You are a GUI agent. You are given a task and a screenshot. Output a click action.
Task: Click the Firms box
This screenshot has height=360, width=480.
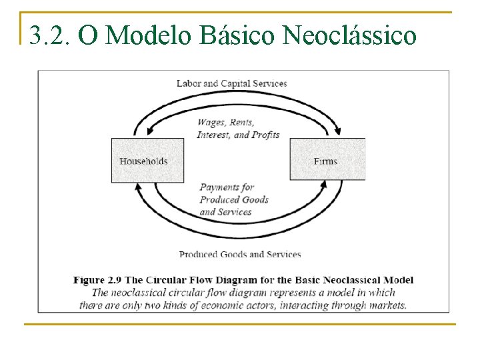pos(327,160)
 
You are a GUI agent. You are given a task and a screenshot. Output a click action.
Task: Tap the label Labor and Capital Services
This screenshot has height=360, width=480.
pos(231,83)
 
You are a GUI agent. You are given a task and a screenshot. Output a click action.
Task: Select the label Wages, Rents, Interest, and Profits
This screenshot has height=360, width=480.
pos(238,129)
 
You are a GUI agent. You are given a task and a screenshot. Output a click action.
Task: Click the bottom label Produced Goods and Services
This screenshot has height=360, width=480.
pos(240,254)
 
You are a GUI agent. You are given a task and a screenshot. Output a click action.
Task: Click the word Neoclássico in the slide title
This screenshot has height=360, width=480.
pos(349,35)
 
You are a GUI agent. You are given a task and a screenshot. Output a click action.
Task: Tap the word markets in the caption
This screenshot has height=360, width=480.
pos(385,305)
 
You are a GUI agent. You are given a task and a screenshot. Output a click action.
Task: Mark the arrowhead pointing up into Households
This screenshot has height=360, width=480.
pos(138,188)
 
